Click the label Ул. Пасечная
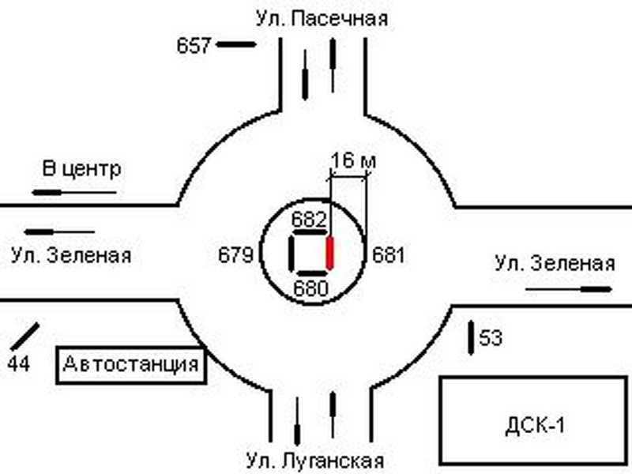(x=322, y=18)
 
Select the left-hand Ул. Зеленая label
(x=71, y=256)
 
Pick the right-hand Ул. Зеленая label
(x=555, y=264)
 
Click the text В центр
(x=81, y=169)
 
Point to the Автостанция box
(x=130, y=365)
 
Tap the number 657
(x=194, y=46)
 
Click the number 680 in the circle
(x=310, y=288)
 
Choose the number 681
(x=388, y=255)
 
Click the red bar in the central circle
(x=331, y=252)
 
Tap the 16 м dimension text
(x=353, y=161)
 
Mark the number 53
(x=491, y=339)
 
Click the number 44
(x=18, y=363)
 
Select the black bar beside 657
(x=236, y=45)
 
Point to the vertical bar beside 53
(x=472, y=336)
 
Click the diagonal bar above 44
(x=24, y=336)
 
